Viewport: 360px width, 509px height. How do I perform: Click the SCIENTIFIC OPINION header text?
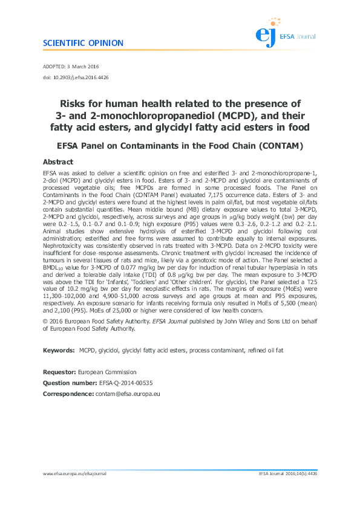point(83,44)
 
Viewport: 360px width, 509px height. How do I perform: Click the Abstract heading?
point(58,162)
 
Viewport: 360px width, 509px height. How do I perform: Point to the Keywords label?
point(59,350)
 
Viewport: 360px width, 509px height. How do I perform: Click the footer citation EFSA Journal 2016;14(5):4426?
point(287,473)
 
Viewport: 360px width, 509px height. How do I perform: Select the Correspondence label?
point(68,394)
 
